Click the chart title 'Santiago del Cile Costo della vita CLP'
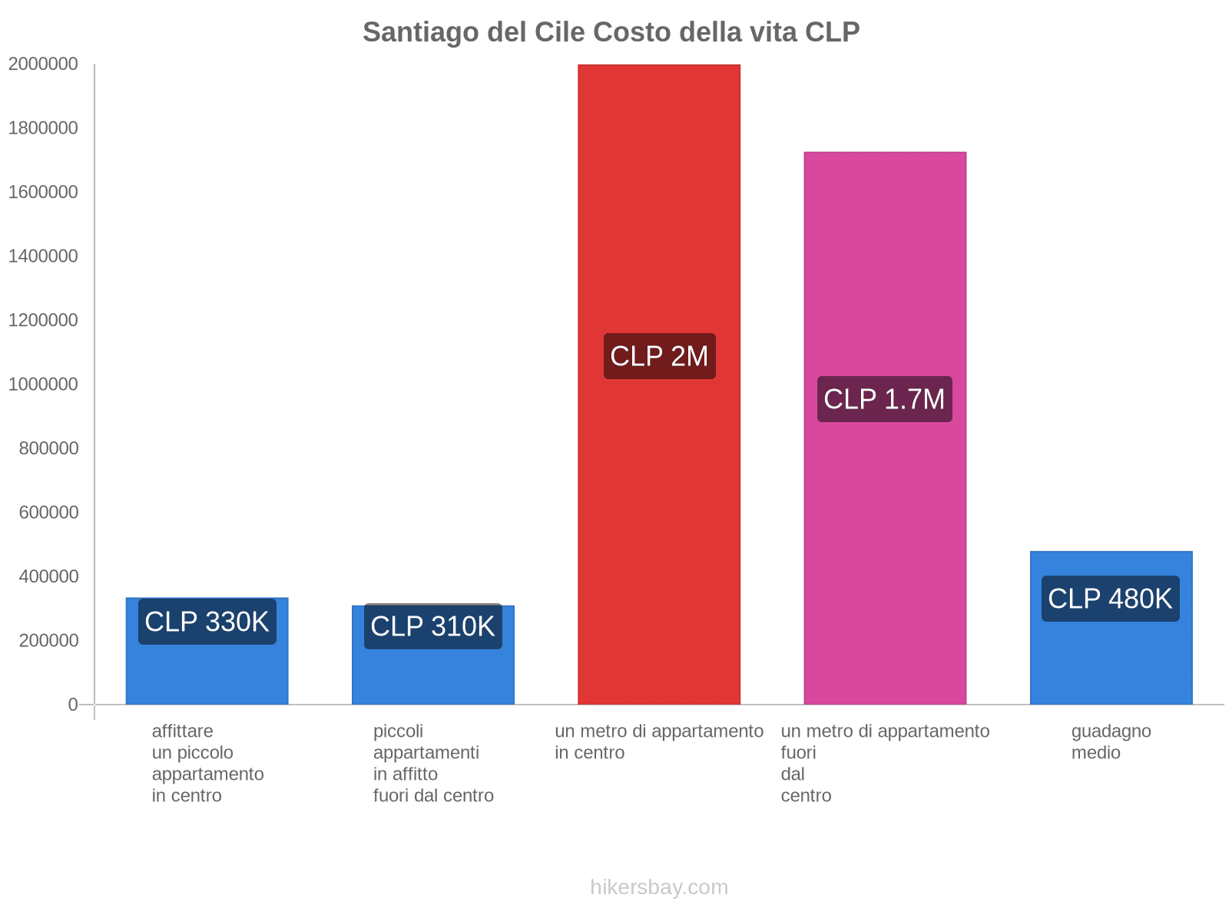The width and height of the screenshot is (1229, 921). tap(611, 32)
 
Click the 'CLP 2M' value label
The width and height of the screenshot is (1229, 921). tap(659, 356)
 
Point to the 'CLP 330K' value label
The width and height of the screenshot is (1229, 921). tap(207, 622)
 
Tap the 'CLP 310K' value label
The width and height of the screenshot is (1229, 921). tap(433, 626)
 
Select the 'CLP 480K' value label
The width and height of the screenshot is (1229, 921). tap(1111, 599)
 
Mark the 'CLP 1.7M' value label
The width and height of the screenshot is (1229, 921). tap(885, 399)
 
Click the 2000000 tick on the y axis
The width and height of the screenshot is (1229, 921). tap(44, 64)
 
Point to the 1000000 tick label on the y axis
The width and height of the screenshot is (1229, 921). tap(44, 384)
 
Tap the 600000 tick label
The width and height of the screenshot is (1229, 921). tap(49, 512)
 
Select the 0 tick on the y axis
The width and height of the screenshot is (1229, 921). tap(73, 705)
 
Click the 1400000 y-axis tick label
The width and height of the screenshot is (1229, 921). tap(44, 256)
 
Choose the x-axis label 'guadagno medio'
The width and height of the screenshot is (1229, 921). tap(1111, 741)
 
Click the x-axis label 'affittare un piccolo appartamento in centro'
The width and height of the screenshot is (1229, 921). tap(207, 763)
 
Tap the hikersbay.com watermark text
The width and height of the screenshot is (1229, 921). tap(659, 887)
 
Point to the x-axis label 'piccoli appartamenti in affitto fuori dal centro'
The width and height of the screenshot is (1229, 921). tap(433, 763)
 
